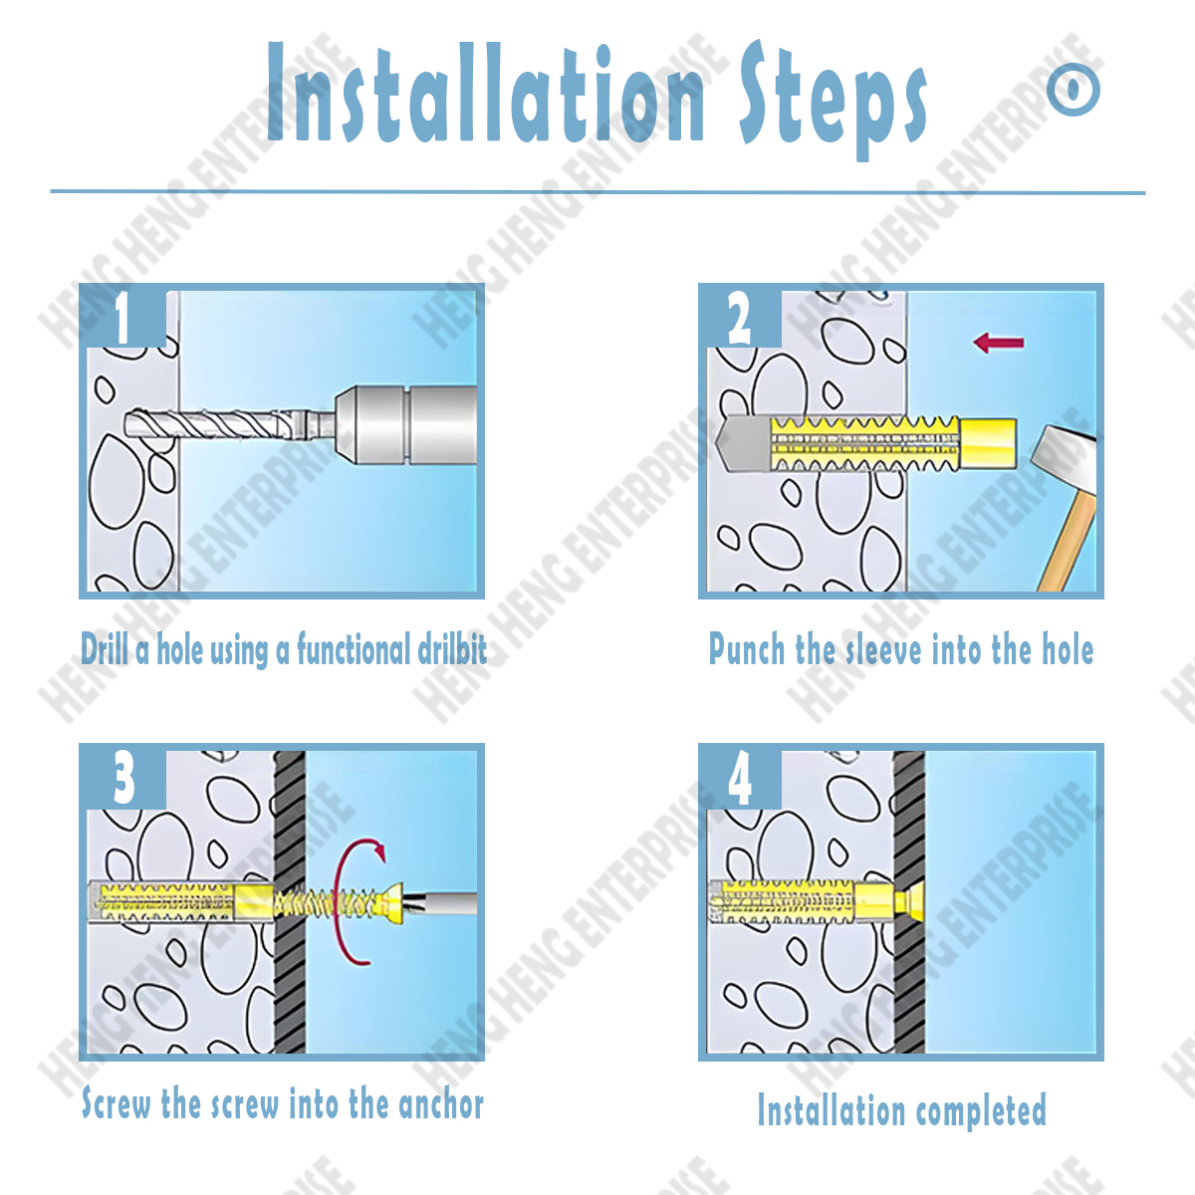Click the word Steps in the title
coord(832,100)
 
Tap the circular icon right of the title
coord(1074,90)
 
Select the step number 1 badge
coord(122,318)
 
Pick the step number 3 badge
coord(123,778)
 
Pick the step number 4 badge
coord(740,778)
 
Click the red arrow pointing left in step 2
coord(998,344)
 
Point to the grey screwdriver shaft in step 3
coord(448,905)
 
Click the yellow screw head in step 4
coord(908,902)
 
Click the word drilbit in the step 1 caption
coord(452,650)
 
